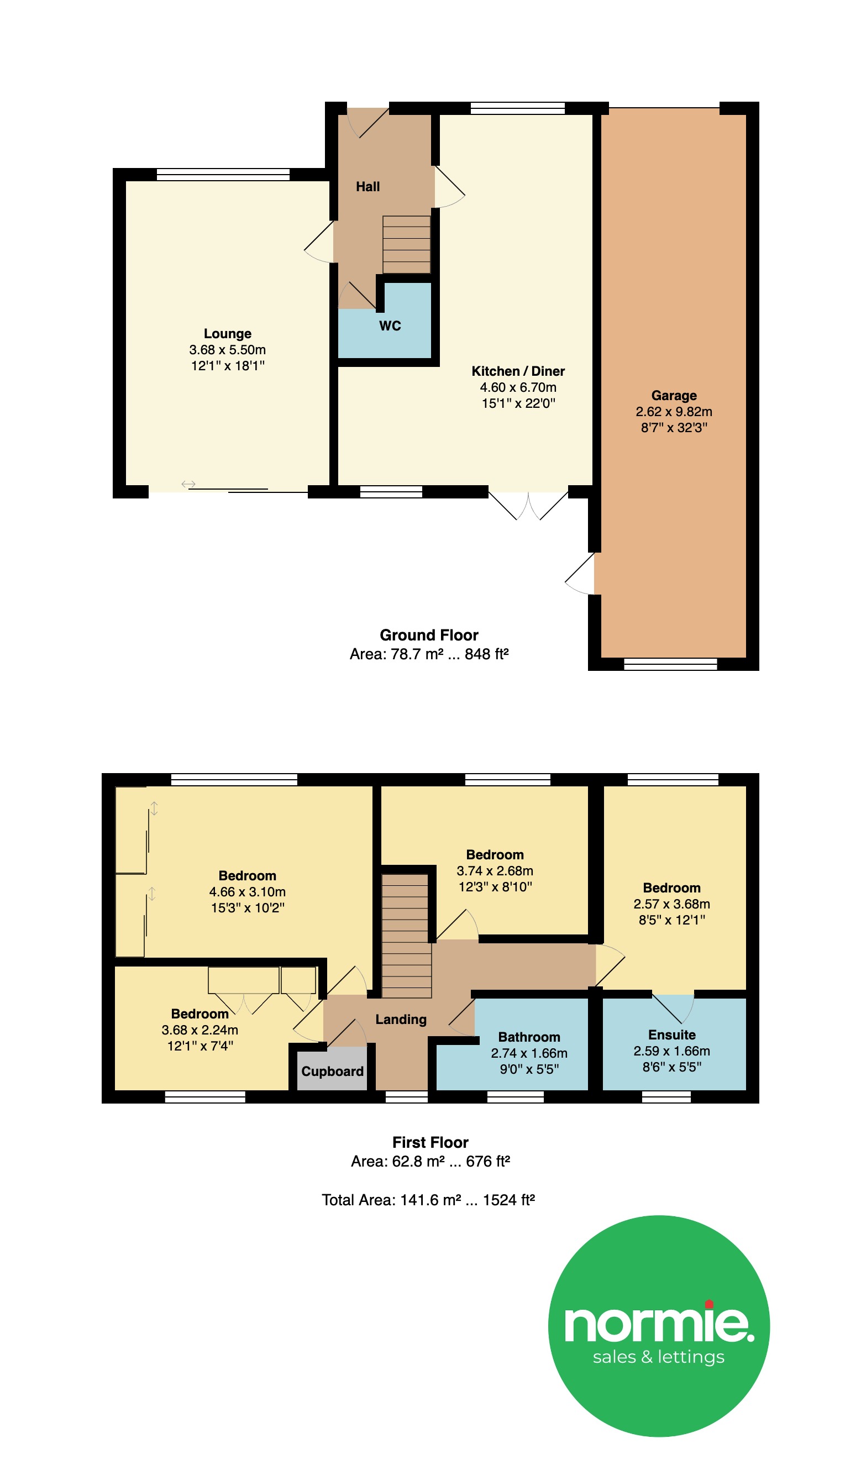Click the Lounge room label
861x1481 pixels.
pyautogui.click(x=228, y=334)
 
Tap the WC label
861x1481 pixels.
pyautogui.click(x=390, y=325)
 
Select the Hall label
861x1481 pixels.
pyautogui.click(x=368, y=186)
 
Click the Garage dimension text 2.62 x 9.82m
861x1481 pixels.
pyautogui.click(x=674, y=411)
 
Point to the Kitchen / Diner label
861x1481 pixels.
pyautogui.click(x=518, y=371)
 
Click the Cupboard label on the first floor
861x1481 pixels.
pyautogui.click(x=332, y=1072)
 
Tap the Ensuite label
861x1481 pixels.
pyautogui.click(x=672, y=1035)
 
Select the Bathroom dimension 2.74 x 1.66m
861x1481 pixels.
pyautogui.click(x=529, y=1053)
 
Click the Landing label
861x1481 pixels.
pyautogui.click(x=401, y=1020)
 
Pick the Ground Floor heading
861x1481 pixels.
pyautogui.click(x=429, y=635)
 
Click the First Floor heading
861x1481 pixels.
pyautogui.click(x=430, y=1142)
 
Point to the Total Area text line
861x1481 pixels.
pyautogui.click(x=428, y=1200)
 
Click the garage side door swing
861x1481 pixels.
pyautogui.click(x=580, y=574)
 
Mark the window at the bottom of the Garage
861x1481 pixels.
pyautogui.click(x=670, y=664)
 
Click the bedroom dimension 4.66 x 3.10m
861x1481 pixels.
pyautogui.click(x=248, y=891)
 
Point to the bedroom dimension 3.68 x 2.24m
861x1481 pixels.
pyautogui.click(x=200, y=1030)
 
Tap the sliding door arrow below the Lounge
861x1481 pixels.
pyautogui.click(x=188, y=484)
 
